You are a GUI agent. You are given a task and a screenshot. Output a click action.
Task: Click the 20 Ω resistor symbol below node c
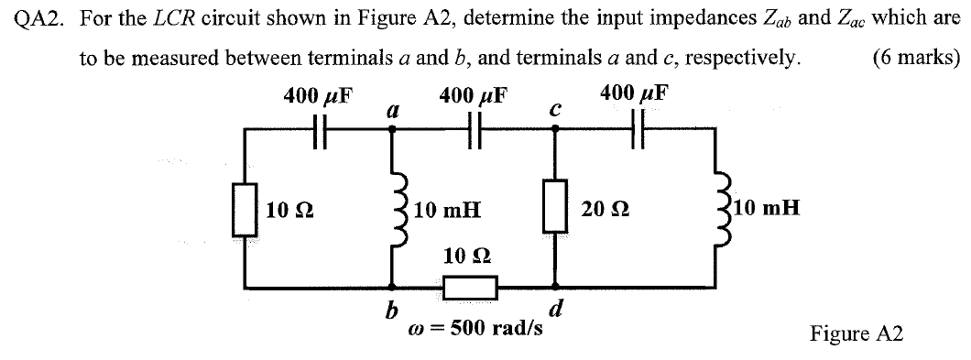tap(554, 208)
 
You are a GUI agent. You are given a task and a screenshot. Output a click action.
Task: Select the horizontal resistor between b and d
tap(470, 289)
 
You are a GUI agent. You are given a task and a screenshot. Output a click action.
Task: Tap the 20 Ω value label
tap(600, 210)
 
